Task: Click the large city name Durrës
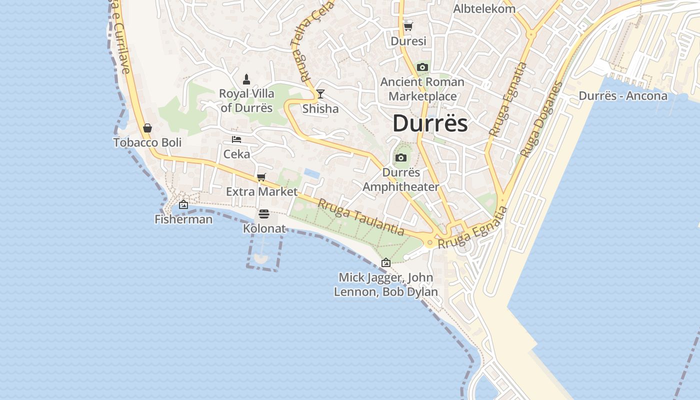pyautogui.click(x=430, y=123)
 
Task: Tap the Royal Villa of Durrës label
pyautogui.click(x=246, y=100)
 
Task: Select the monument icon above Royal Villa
pyautogui.click(x=246, y=79)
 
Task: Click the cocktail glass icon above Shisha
pyautogui.click(x=320, y=94)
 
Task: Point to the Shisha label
pyautogui.click(x=320, y=109)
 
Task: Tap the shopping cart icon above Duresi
pyautogui.click(x=408, y=26)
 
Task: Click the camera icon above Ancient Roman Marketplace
pyautogui.click(x=422, y=67)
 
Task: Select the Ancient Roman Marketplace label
pyautogui.click(x=422, y=89)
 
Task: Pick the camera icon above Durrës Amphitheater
pyautogui.click(x=401, y=158)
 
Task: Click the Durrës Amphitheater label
pyautogui.click(x=401, y=179)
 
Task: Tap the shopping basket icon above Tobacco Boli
pyautogui.click(x=147, y=128)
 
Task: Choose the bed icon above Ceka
pyautogui.click(x=236, y=139)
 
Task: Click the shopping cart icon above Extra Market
pyautogui.click(x=261, y=177)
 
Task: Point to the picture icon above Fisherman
pyautogui.click(x=183, y=204)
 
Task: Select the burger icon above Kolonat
pyautogui.click(x=264, y=214)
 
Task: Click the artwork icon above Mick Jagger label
pyautogui.click(x=386, y=262)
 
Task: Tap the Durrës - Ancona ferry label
pyautogui.click(x=623, y=96)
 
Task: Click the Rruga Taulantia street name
pyautogui.click(x=360, y=217)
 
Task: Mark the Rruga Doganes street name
pyautogui.click(x=541, y=119)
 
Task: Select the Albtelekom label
pyautogui.click(x=484, y=9)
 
